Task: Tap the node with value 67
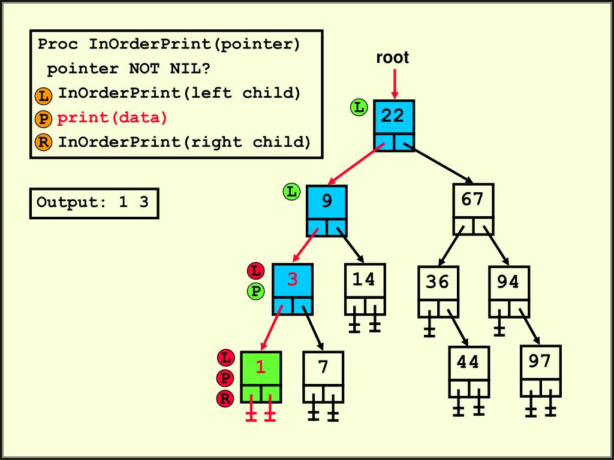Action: click(x=473, y=201)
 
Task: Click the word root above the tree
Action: click(x=392, y=58)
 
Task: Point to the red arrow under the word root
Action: click(x=395, y=84)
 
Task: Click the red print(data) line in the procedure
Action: click(x=113, y=118)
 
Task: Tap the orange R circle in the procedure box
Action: click(x=43, y=143)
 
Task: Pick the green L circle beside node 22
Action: click(x=359, y=108)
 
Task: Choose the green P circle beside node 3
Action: click(x=256, y=292)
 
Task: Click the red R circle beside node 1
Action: click(x=225, y=398)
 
